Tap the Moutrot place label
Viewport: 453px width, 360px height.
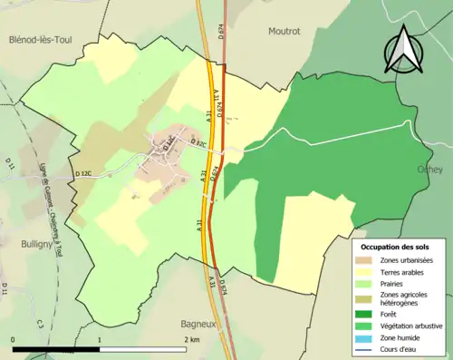point(284,31)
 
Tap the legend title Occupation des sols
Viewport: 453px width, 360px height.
point(397,247)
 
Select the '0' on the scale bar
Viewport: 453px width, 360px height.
point(14,338)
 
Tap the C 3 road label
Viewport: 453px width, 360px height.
point(41,323)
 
